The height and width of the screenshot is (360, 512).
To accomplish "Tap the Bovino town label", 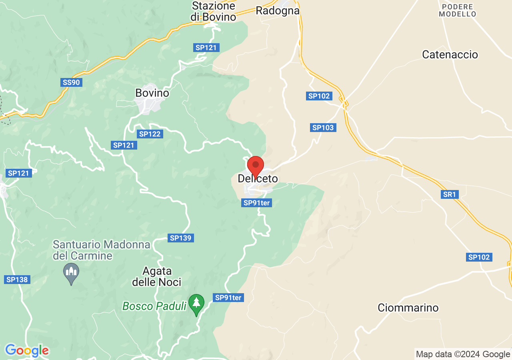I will (x=152, y=93).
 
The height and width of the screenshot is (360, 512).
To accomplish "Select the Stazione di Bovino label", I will (x=213, y=11).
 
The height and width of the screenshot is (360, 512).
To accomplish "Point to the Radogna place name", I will (x=278, y=10).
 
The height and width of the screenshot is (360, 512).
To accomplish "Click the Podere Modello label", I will (x=458, y=10).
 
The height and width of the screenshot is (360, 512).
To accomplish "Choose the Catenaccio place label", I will (x=450, y=54).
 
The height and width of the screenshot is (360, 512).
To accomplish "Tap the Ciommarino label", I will (x=408, y=308).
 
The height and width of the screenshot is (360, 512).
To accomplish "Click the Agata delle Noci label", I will (x=157, y=276).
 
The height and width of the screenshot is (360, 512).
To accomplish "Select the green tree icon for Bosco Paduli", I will (x=196, y=304).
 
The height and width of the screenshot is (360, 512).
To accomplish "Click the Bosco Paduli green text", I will (x=154, y=306).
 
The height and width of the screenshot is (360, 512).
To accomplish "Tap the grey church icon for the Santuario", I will (x=71, y=273).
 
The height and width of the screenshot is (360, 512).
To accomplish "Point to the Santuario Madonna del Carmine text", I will (x=102, y=250).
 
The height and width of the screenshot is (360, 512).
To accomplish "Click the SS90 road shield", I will (x=72, y=82).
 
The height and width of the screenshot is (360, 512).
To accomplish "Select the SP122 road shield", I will (x=150, y=134).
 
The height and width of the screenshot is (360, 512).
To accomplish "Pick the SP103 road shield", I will (x=323, y=128).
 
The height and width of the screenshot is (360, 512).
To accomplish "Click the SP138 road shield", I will (x=17, y=280).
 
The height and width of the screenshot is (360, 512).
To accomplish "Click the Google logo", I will (x=27, y=350).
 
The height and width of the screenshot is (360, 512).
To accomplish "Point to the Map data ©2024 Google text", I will (x=463, y=354).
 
